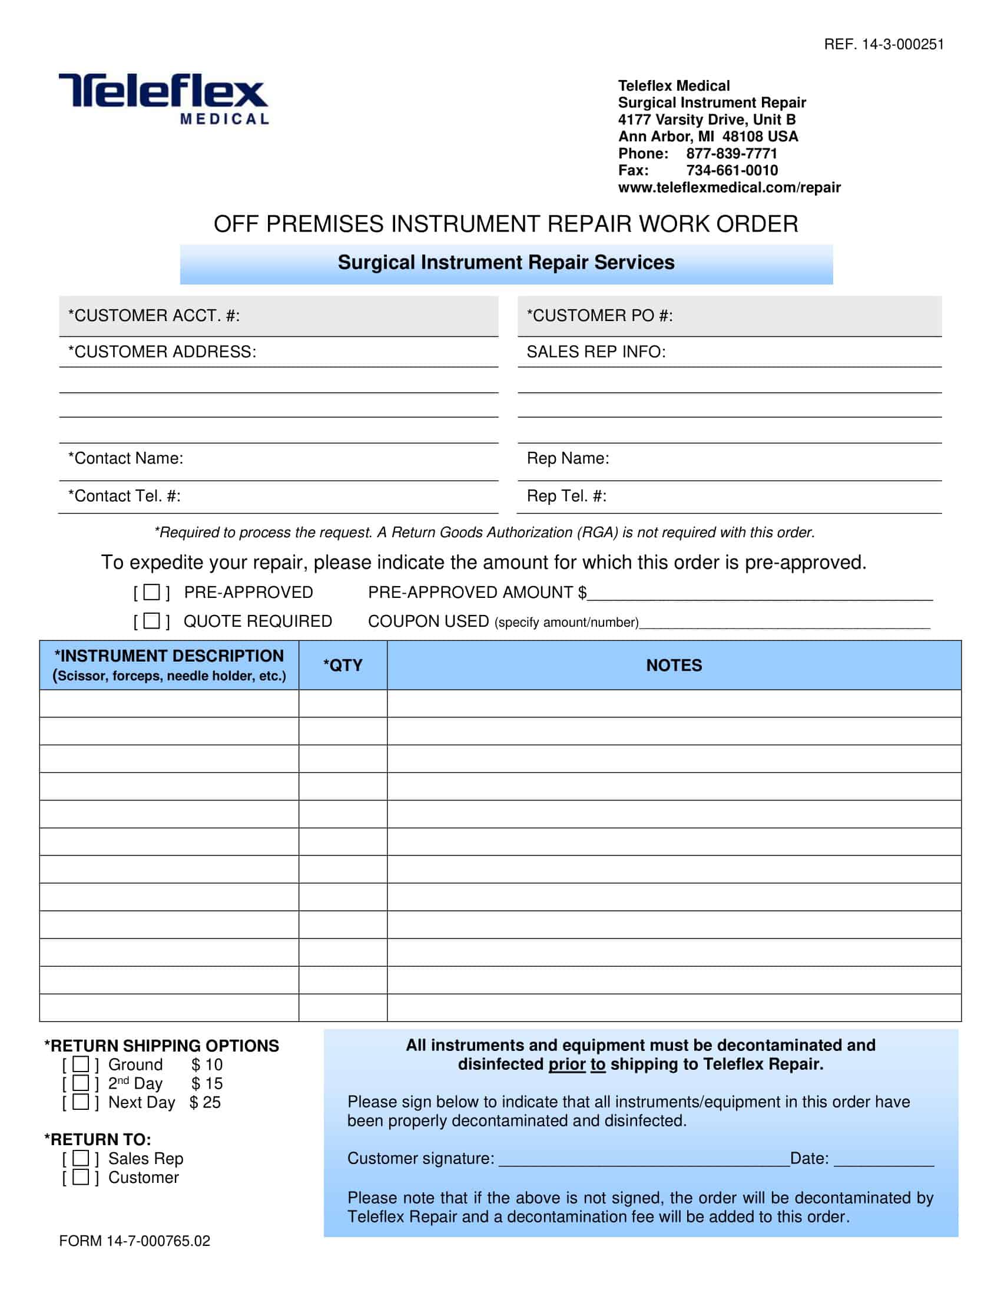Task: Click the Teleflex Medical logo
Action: click(x=164, y=98)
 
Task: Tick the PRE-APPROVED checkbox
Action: click(x=152, y=591)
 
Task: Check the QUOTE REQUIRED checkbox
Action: click(x=152, y=621)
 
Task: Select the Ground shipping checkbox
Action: click(x=81, y=1064)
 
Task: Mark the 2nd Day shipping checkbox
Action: click(x=81, y=1083)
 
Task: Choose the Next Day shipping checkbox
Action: click(x=81, y=1102)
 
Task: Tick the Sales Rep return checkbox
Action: click(x=81, y=1158)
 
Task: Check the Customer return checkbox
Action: click(x=81, y=1178)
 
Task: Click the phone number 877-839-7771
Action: click(x=731, y=154)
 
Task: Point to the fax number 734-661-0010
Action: click(x=732, y=171)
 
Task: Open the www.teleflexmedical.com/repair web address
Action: click(x=729, y=187)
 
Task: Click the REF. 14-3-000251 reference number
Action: click(x=884, y=45)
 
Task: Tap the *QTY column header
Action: click(x=343, y=665)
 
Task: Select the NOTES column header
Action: click(x=674, y=665)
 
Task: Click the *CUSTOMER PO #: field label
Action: click(x=599, y=316)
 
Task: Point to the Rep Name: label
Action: click(x=568, y=458)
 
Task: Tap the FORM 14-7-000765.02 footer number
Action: click(x=135, y=1241)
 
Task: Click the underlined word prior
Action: click(x=566, y=1064)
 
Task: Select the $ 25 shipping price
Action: click(x=205, y=1103)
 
